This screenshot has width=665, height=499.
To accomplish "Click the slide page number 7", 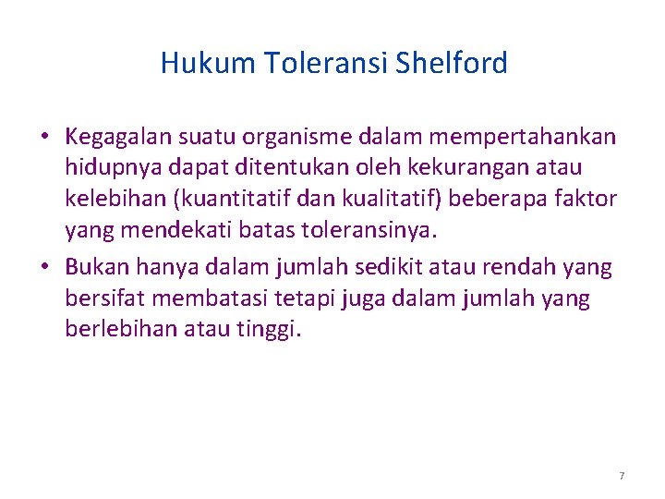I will point(622,476).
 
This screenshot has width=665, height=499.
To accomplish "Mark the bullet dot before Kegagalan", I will point(43,139).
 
